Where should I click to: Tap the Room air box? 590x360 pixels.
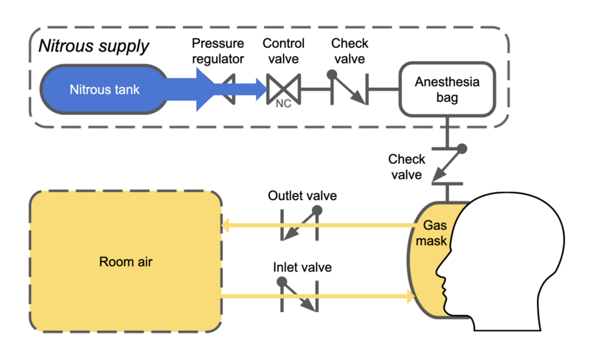[x=125, y=261]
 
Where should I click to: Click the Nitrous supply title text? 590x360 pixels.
[x=94, y=46]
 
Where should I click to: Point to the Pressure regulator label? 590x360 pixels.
[x=218, y=51]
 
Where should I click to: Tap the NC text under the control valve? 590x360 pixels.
[x=282, y=104]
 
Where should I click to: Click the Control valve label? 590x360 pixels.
[x=283, y=51]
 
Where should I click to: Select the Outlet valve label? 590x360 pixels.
[x=302, y=196]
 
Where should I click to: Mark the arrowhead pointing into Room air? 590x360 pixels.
[x=227, y=225]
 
